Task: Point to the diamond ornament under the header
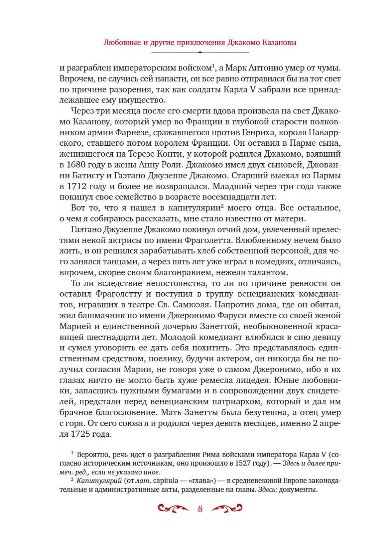click(200, 52)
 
